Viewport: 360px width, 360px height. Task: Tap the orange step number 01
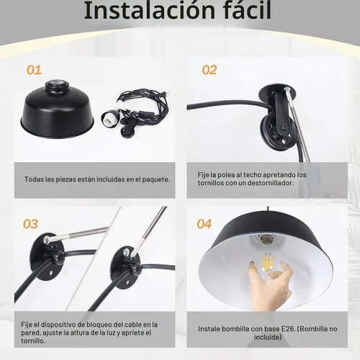[x=34, y=70]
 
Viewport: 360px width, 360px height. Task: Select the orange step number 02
[x=210, y=70]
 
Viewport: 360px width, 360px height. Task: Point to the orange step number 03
[x=30, y=224]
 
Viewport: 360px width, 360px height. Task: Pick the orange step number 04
[x=204, y=224]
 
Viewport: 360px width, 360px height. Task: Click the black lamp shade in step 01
[x=57, y=110]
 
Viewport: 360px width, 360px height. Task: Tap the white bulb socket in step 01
[x=109, y=119]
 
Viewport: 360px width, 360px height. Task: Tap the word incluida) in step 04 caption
[x=268, y=337]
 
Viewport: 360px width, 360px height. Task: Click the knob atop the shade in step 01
[x=57, y=84]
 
